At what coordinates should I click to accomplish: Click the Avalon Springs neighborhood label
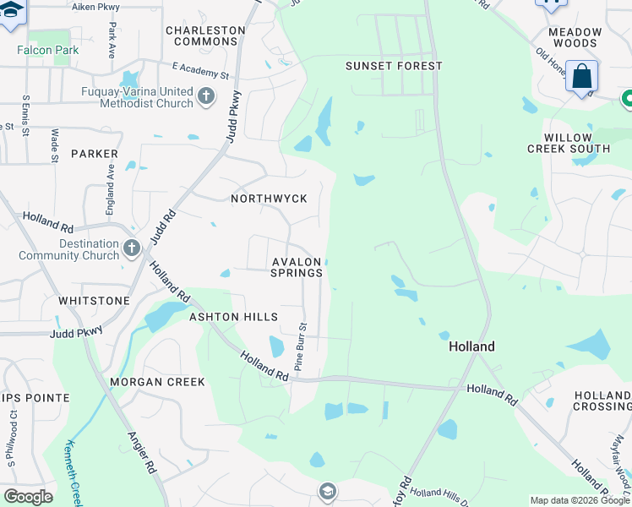pos(297,267)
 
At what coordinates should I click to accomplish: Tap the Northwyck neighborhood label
pos(269,199)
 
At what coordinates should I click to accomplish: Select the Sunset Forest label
pos(394,66)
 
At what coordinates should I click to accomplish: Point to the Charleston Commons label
pos(205,35)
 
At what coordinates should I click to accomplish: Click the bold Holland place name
pos(471,346)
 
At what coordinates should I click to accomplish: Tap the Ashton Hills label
pos(233,317)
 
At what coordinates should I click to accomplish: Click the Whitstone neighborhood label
pos(95,301)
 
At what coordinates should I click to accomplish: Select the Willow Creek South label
pos(578,143)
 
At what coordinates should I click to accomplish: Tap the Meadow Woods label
pos(575,37)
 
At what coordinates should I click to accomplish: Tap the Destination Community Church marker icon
pos(131,248)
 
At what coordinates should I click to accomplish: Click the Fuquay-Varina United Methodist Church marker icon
pos(205,97)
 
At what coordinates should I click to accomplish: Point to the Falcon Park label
pos(48,50)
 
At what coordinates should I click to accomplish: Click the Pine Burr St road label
pos(299,345)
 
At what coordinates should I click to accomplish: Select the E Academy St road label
pos(200,70)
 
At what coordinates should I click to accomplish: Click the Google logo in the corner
pos(28,497)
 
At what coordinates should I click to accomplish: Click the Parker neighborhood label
pos(95,154)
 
